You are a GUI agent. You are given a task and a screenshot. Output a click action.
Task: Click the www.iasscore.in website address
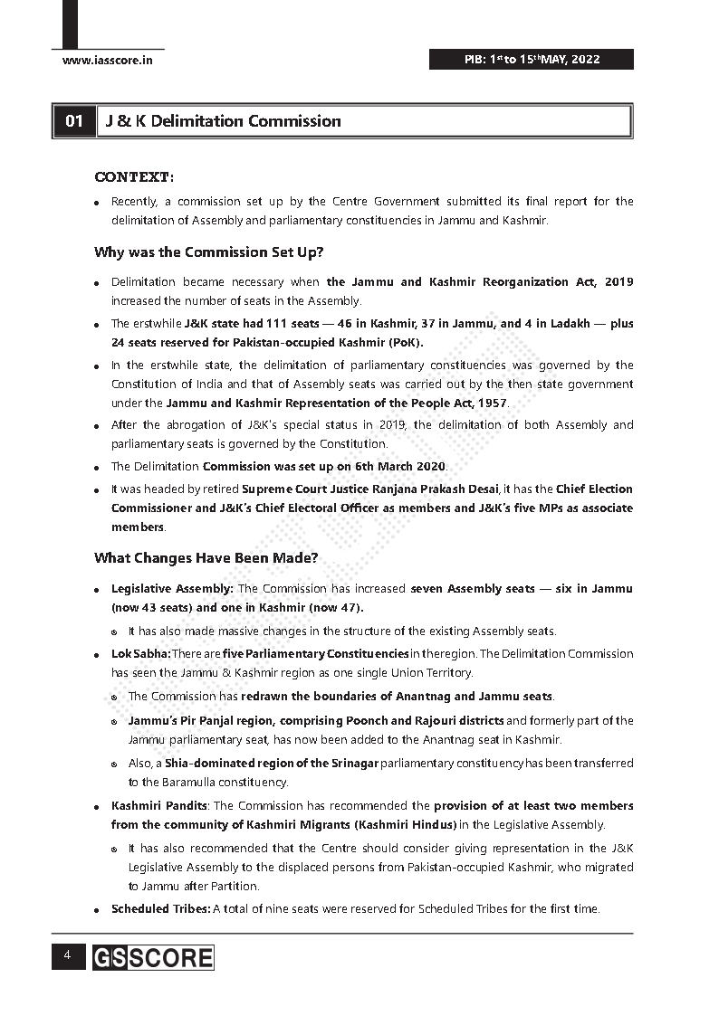coord(107,60)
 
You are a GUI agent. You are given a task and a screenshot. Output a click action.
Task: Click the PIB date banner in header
coord(531,60)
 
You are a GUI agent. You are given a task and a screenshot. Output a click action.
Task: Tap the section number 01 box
coord(73,121)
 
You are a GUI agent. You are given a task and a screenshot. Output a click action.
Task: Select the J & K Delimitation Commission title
coord(223,121)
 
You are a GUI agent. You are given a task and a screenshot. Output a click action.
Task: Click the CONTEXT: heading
coord(134,176)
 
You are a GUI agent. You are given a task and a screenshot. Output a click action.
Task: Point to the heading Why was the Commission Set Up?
coord(208,252)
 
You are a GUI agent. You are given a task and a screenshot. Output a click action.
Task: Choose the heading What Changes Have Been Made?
coord(206,558)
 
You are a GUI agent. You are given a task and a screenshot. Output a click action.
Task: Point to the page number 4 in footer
coord(66,956)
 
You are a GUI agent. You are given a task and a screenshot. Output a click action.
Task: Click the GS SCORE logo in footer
coord(152,958)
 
